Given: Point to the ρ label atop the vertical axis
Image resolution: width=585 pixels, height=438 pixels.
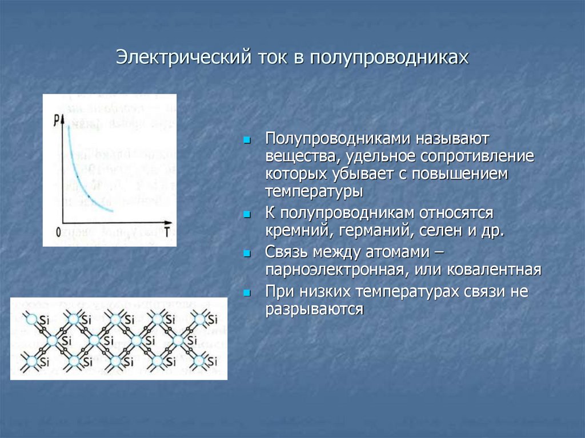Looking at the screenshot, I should [x=59, y=118].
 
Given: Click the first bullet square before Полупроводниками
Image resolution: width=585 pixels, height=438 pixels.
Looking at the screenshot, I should [x=247, y=139].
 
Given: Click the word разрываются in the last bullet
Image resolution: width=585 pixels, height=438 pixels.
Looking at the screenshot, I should [x=314, y=309].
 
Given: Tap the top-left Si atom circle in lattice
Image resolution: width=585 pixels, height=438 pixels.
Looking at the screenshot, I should [x=31, y=319].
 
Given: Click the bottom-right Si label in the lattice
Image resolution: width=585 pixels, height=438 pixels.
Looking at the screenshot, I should [x=213, y=361].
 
